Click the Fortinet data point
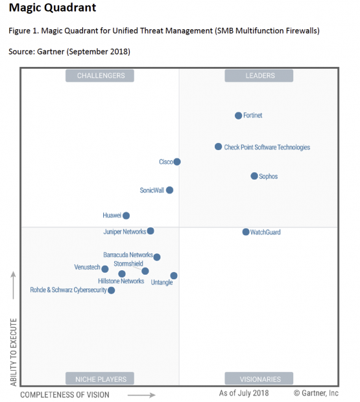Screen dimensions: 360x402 click(x=238, y=116)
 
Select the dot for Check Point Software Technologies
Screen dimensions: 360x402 click(x=218, y=147)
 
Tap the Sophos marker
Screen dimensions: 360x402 click(x=254, y=176)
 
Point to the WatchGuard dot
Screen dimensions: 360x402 click(x=246, y=232)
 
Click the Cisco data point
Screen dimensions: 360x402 click(x=177, y=162)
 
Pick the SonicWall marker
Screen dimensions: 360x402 click(x=169, y=190)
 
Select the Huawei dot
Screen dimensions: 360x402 click(x=126, y=216)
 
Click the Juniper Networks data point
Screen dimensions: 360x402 click(x=150, y=231)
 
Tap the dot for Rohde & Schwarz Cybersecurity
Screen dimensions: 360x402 click(x=111, y=290)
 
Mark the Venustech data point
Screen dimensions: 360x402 click(x=104, y=269)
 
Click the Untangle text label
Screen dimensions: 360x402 click(x=162, y=283)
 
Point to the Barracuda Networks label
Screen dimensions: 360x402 click(x=128, y=255)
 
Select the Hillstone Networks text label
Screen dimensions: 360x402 click(x=121, y=281)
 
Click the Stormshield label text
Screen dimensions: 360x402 click(x=128, y=264)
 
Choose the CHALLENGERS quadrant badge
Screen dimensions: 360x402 click(x=100, y=75)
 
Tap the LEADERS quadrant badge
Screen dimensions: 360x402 click(x=259, y=75)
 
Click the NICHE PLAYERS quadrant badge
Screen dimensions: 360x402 click(x=100, y=379)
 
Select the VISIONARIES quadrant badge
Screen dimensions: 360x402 click(x=259, y=379)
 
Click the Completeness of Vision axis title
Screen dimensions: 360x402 click(x=65, y=395)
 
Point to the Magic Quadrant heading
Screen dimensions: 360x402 click(x=53, y=7)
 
